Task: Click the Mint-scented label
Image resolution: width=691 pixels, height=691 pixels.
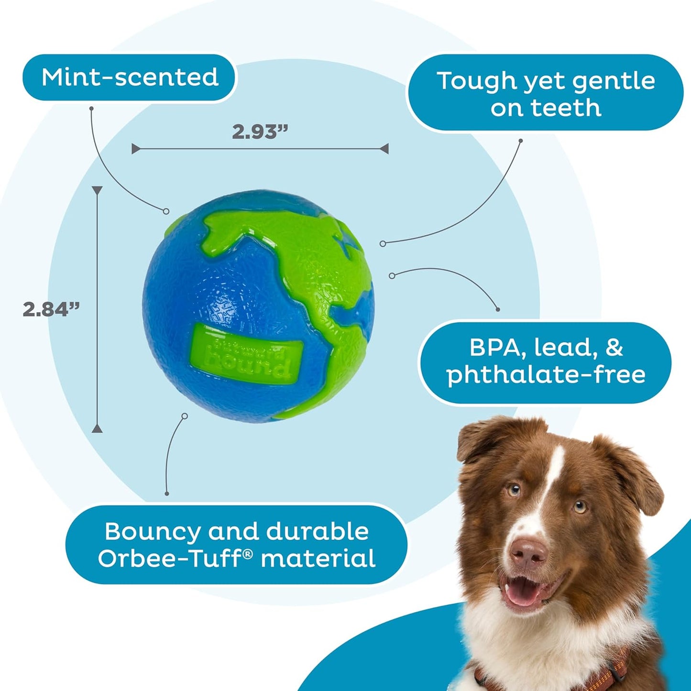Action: (x=130, y=77)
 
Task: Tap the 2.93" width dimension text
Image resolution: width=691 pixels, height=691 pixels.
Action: (x=260, y=132)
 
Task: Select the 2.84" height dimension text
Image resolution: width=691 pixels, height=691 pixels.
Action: (x=51, y=309)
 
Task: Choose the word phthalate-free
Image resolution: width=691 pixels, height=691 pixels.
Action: (x=546, y=374)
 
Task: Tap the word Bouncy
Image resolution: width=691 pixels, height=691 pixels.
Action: (x=153, y=531)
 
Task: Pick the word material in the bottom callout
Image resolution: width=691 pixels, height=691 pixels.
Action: (x=318, y=559)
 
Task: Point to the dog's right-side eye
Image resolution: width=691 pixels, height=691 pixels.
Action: (x=580, y=506)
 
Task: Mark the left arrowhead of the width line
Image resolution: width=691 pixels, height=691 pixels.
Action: (x=135, y=149)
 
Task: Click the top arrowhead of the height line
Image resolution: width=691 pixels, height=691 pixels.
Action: (x=97, y=190)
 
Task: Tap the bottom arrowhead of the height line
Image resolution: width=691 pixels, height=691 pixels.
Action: (x=97, y=428)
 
